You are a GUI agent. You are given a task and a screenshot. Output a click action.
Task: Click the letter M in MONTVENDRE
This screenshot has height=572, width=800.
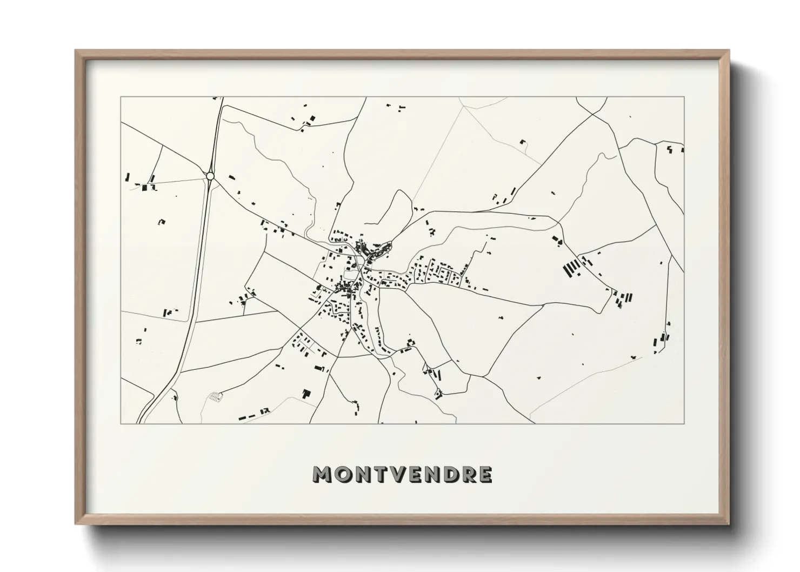323,474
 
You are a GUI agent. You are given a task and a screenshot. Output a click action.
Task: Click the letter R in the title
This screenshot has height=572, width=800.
468,474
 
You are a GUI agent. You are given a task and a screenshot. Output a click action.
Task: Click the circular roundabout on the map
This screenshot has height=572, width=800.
210,175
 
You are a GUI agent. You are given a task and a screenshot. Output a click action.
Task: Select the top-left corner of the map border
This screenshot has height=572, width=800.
121,97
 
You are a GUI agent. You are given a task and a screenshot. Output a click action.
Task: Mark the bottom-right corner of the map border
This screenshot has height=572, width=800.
684,423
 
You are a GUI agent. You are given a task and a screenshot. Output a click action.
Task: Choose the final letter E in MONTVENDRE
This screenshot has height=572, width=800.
485,474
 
